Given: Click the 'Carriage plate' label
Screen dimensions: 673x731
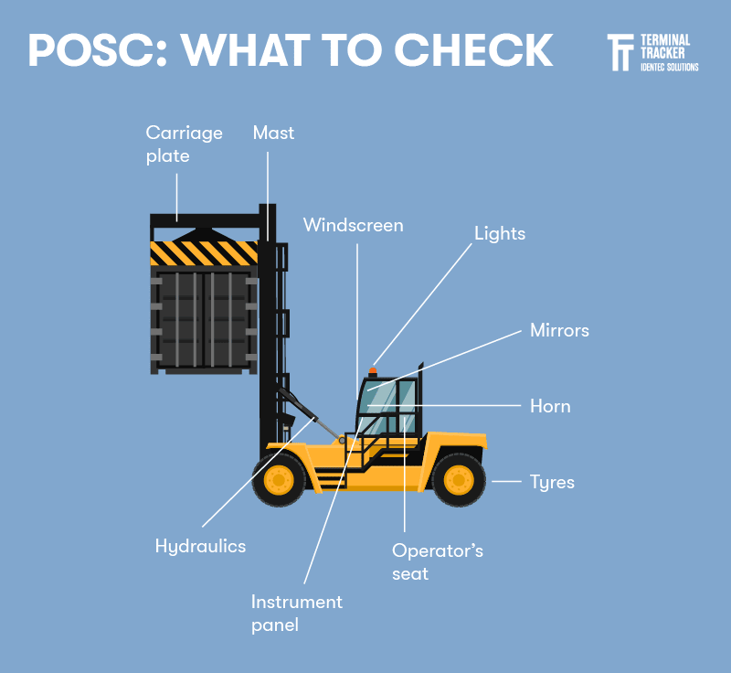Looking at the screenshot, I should tap(184, 144).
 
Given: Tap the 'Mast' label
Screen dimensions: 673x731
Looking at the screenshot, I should tap(273, 133).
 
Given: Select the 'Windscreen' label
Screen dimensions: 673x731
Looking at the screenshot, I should tap(353, 224).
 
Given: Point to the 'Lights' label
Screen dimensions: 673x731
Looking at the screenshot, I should tap(500, 233).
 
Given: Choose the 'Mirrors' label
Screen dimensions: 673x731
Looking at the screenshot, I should tap(559, 330).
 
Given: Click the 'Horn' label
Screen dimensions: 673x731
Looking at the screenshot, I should tap(550, 406).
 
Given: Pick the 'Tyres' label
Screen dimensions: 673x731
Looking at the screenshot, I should tap(552, 481).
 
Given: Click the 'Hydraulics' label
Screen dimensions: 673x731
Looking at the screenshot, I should tap(200, 546).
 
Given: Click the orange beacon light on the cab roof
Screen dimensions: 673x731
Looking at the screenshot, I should tap(372, 371).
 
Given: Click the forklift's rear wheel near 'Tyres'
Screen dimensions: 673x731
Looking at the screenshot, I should tap(458, 479).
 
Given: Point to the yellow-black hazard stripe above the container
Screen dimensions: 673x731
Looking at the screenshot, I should tap(204, 252).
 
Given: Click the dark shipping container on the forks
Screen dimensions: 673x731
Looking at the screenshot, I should tap(204, 320).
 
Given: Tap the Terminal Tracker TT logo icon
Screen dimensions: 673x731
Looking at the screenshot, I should tap(620, 53).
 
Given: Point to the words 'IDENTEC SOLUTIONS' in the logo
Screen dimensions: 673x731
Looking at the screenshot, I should tap(668, 67).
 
